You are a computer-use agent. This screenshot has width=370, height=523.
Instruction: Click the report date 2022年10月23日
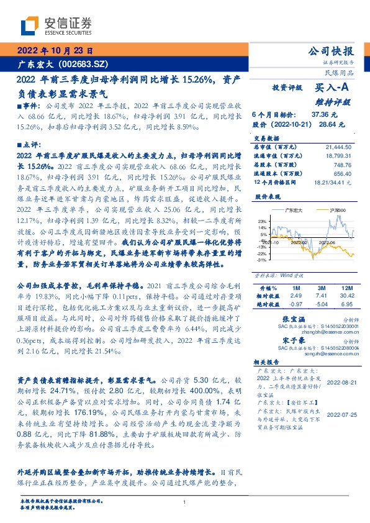pyautogui.click(x=54, y=51)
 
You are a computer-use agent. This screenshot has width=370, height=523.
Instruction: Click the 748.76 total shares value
pyautogui.click(x=342, y=166)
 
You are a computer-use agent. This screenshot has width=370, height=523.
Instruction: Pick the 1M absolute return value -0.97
pyautogui.click(x=279, y=305)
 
